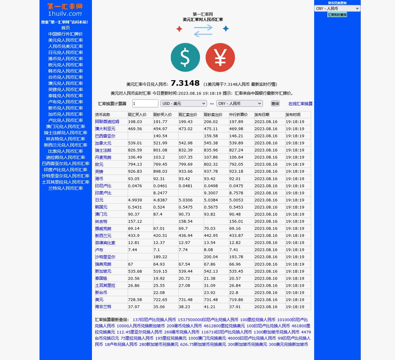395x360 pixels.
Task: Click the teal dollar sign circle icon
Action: [185, 57]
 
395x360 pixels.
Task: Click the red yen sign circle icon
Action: [220, 57]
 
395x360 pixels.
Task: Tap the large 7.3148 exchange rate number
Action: [185, 83]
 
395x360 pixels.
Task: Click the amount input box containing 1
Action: [145, 103]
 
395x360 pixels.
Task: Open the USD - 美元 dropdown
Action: [184, 103]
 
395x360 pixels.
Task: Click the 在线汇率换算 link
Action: [300, 104]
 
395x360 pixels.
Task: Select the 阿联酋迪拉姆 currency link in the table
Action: [107, 122]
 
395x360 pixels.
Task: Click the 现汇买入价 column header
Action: [137, 115]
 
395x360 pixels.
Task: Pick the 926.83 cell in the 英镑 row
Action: [135, 172]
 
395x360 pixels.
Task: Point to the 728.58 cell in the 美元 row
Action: [135, 300]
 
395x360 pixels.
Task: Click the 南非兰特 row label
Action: [103, 307]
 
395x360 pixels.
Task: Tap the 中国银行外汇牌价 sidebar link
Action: [65, 34]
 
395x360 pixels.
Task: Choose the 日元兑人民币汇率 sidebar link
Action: [65, 52]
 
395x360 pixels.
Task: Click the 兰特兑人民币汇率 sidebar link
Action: [65, 188]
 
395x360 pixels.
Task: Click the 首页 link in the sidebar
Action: [65, 28]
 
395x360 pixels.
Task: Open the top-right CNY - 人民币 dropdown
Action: [337, 9]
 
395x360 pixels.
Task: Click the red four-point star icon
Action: [179, 29]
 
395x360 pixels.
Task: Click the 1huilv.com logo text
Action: [65, 14]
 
